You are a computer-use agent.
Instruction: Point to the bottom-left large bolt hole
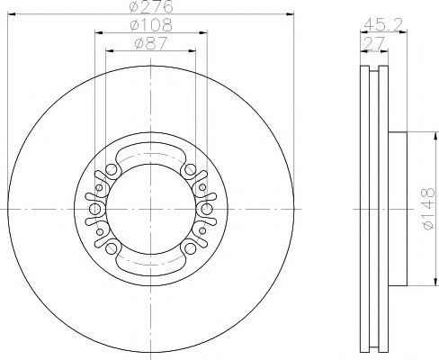(111, 249)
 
